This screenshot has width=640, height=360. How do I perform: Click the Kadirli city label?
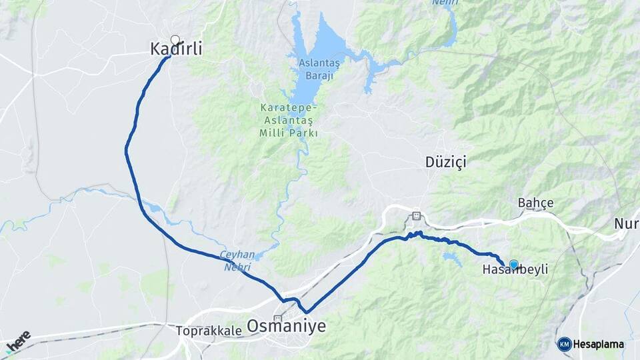[x=175, y=49]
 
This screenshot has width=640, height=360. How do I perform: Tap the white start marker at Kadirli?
[x=175, y=40]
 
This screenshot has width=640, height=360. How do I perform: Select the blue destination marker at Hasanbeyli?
[x=513, y=265]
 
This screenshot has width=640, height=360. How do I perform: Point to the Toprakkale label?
[x=206, y=330]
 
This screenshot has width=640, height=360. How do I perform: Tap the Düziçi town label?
[x=445, y=162]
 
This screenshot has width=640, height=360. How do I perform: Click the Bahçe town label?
[x=536, y=203]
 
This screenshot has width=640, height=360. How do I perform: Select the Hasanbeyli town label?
[x=515, y=270]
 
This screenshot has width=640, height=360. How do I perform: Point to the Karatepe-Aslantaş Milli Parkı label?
[x=289, y=120]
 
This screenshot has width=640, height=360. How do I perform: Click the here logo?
[x=19, y=340]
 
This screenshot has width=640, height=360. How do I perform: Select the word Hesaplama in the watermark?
[x=599, y=345]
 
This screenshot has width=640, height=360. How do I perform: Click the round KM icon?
[x=565, y=345]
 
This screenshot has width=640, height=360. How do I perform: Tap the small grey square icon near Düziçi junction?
[x=417, y=215]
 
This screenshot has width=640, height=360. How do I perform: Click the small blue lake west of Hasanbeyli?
[x=452, y=258]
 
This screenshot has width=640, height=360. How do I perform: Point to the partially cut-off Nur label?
[x=627, y=223]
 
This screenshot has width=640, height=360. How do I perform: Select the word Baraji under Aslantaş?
[x=319, y=75]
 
